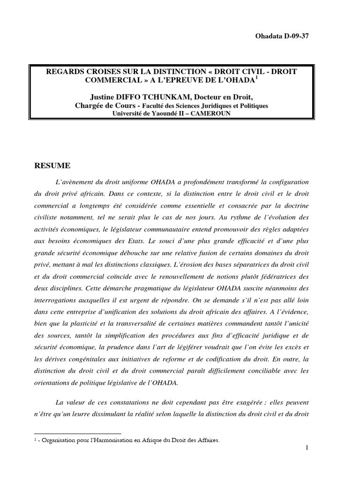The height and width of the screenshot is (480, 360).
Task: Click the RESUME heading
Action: pos(53,165)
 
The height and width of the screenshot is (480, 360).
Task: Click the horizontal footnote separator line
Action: pos(77,434)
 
